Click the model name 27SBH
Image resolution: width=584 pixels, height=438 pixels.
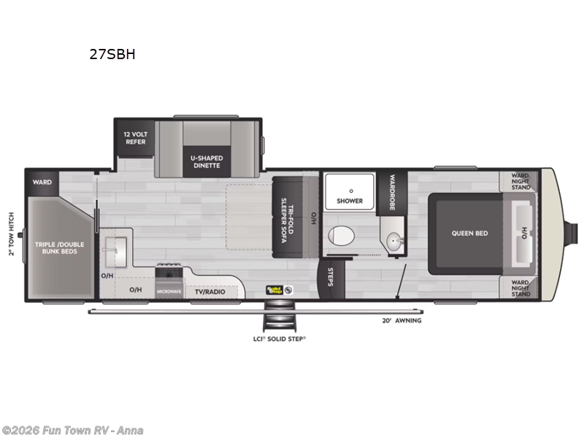[111, 54]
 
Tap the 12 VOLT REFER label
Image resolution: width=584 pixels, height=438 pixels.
[135, 137]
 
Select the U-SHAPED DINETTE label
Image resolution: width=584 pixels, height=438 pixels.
[207, 161]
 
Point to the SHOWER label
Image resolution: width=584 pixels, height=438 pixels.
[349, 201]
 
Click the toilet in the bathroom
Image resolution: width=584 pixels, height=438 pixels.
[340, 236]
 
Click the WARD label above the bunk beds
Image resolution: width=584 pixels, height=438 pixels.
[42, 182]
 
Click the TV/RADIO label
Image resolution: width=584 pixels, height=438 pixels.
[210, 291]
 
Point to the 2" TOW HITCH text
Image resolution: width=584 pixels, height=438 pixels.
[11, 234]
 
